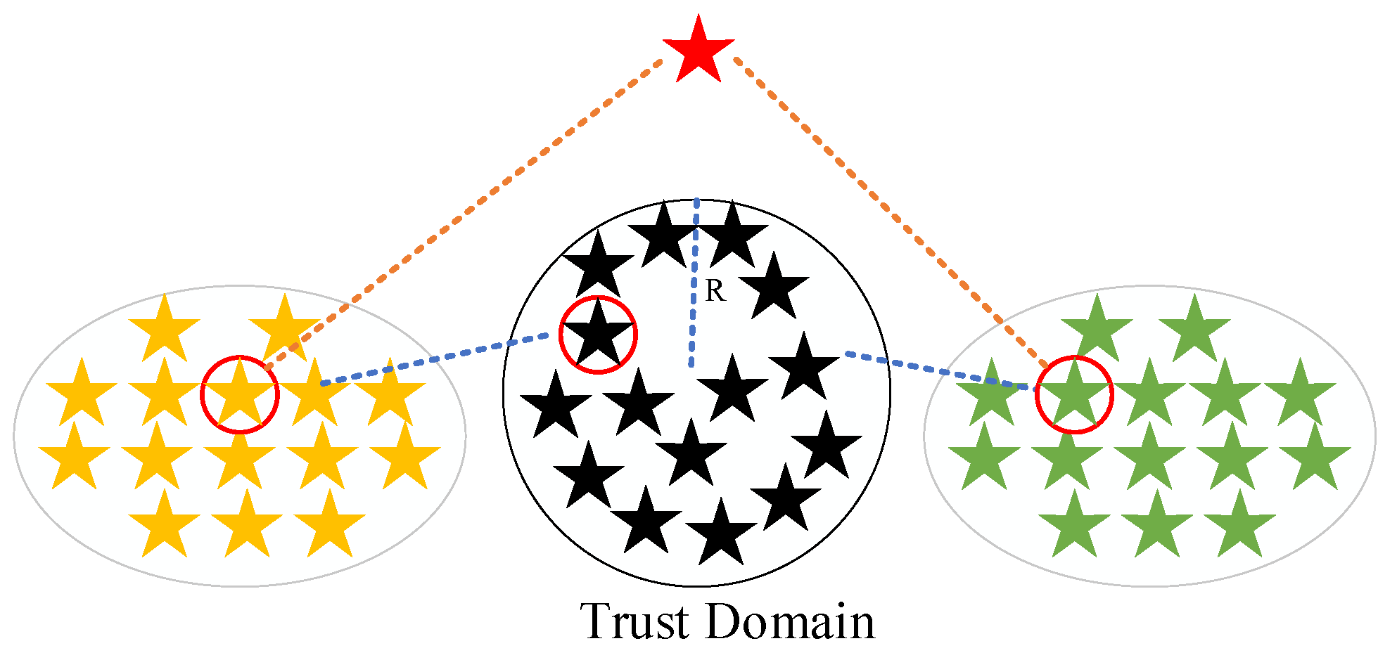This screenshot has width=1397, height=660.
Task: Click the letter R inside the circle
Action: tap(715, 291)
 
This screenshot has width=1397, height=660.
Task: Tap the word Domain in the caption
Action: tap(789, 621)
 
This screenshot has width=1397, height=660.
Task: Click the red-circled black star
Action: tap(598, 336)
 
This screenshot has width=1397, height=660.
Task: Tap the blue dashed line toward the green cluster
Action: tap(939, 370)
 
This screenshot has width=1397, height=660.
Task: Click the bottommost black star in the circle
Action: tap(721, 534)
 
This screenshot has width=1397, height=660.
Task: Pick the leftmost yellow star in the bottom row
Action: tap(164, 526)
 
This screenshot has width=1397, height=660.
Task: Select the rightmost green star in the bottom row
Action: tap(1239, 526)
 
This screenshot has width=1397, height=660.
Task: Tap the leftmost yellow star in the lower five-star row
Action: tap(74, 458)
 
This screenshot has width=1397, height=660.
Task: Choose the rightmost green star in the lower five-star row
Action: tap(1315, 458)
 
